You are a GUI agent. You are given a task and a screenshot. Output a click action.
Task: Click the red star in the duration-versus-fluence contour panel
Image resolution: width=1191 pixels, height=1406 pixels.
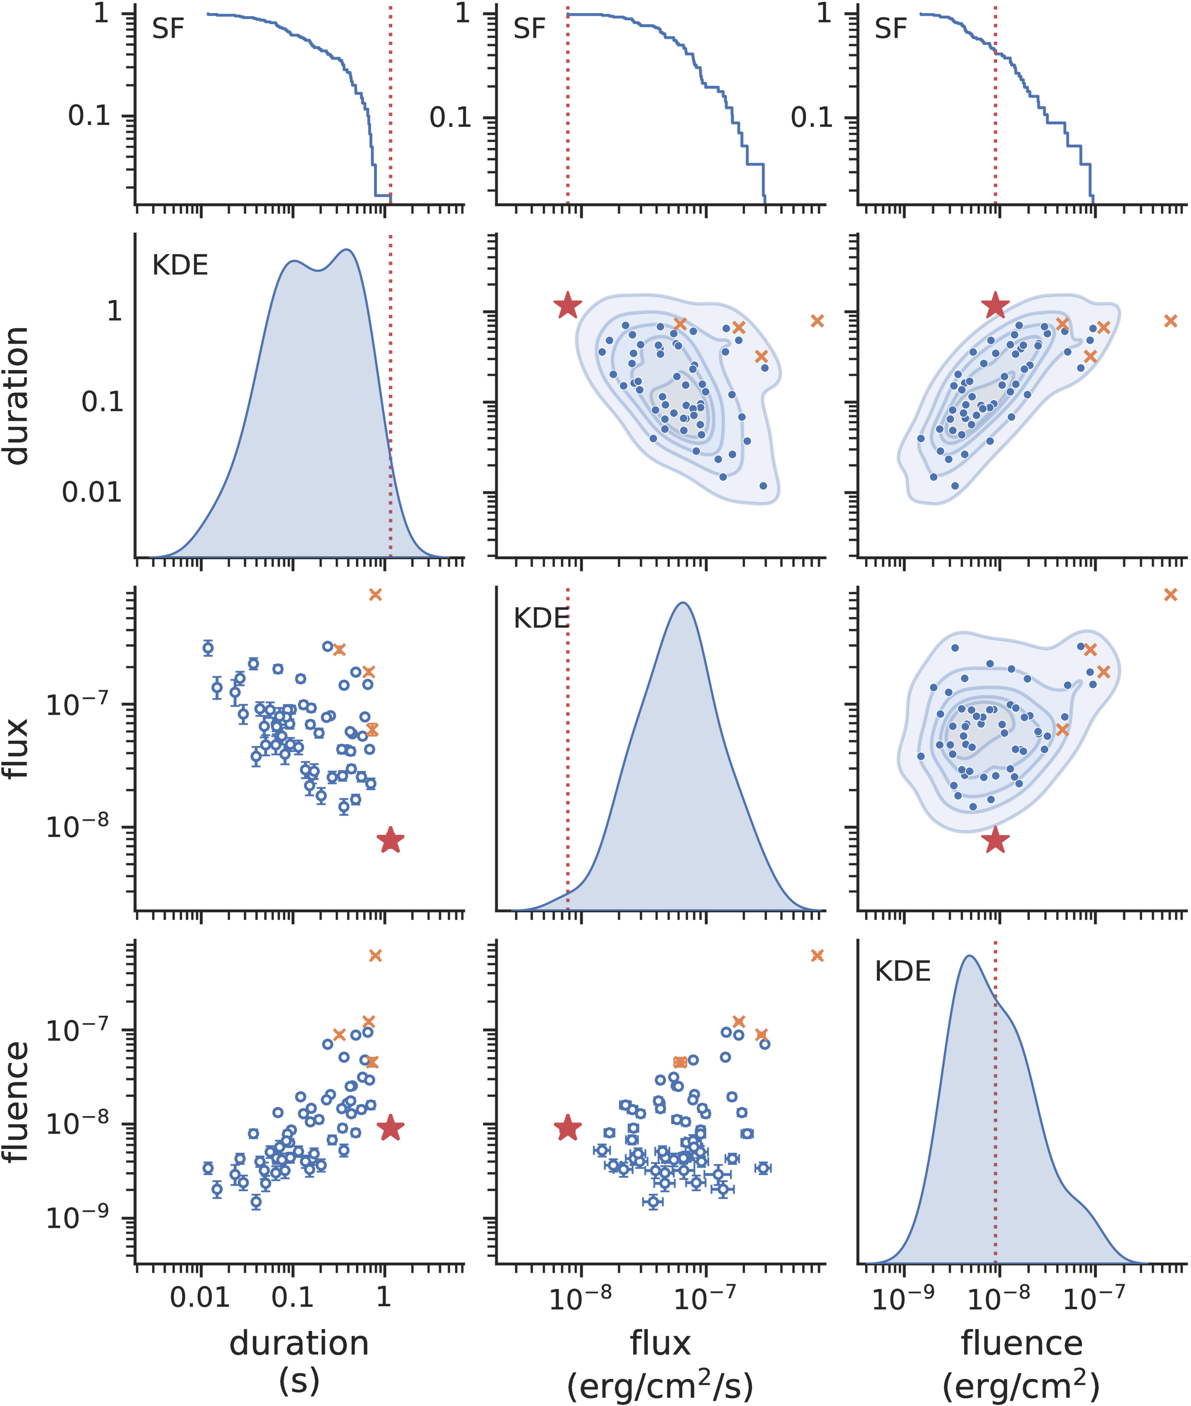995,306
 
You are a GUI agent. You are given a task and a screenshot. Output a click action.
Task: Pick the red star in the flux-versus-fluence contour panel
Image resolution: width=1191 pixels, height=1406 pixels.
995,841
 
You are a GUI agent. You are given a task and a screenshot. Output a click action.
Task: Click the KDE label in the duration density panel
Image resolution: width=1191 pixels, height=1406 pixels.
180,266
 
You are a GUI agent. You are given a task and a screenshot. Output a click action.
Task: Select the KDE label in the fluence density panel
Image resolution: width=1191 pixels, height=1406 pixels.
903,972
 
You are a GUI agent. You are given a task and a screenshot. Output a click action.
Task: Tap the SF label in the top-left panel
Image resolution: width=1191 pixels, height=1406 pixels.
168,29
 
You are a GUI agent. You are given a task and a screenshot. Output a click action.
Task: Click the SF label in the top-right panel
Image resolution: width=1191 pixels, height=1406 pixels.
891,29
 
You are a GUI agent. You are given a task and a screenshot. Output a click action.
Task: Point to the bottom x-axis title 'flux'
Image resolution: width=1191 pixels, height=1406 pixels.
660,1343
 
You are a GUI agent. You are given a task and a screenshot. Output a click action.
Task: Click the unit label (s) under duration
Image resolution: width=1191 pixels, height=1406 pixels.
299,1383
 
